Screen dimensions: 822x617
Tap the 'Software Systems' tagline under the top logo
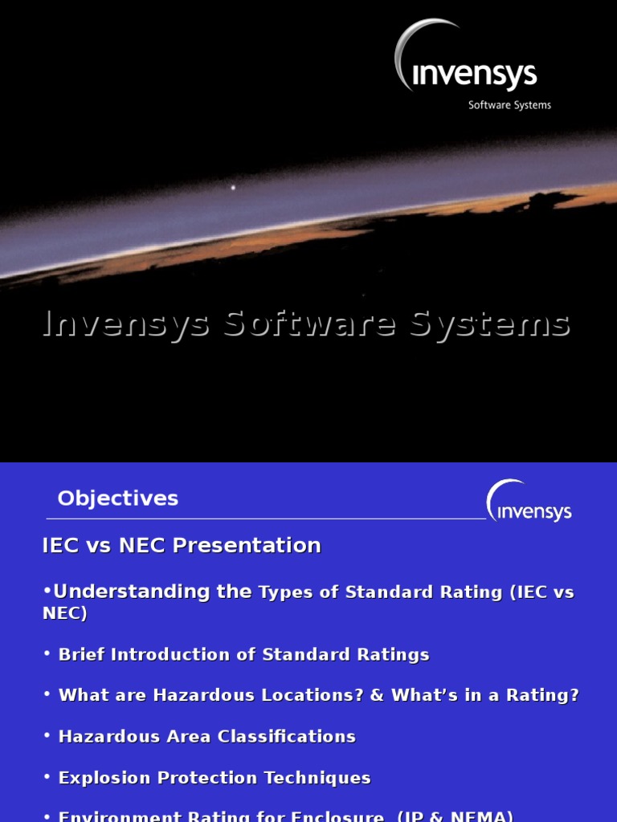(x=509, y=105)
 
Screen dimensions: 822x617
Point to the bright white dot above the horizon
(x=233, y=188)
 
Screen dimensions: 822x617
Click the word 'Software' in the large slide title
(x=309, y=324)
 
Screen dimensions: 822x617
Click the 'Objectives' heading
(x=117, y=498)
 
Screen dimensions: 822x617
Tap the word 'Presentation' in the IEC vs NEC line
(x=247, y=546)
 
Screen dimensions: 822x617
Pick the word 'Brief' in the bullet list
(x=82, y=655)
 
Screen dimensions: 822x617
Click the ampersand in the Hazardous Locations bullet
(x=377, y=696)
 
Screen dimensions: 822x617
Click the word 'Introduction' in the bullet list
(x=173, y=655)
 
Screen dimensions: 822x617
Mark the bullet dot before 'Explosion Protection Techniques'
(x=47, y=778)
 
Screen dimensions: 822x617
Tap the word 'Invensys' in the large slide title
(x=126, y=324)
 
